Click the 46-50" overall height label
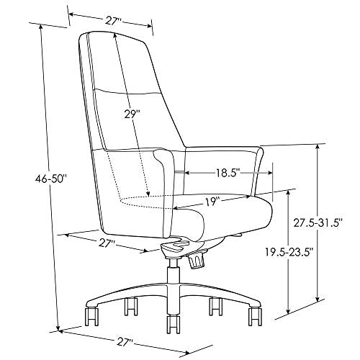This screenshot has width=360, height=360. coord(50,179)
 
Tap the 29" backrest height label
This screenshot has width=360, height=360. coord(132,114)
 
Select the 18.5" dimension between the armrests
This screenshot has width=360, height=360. coord(228,173)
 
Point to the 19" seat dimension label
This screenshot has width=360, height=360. coord(212,202)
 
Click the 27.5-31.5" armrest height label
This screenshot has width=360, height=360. coord(318,223)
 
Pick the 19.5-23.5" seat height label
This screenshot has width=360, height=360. coord(289,252)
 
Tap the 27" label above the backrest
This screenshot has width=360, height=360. coord(113,21)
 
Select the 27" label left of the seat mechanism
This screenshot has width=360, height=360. coord(106,243)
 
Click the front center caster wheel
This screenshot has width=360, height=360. coord(174,324)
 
